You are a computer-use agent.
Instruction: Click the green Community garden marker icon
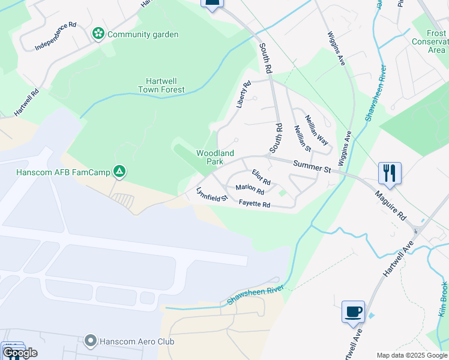98,34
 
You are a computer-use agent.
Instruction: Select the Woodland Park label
210,157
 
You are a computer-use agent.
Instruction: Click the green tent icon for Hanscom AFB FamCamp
120,172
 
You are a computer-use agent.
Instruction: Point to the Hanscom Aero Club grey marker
91,341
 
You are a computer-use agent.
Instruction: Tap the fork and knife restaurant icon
390,173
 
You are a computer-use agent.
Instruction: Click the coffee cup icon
354,311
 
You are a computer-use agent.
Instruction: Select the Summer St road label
312,167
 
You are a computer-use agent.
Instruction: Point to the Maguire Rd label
391,205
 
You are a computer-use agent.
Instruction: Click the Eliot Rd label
261,178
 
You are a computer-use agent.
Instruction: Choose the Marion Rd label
250,190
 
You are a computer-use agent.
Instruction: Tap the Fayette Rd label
255,205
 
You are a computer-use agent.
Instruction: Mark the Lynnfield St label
212,194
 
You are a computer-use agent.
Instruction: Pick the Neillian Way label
316,130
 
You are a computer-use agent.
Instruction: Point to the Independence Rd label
56,36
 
